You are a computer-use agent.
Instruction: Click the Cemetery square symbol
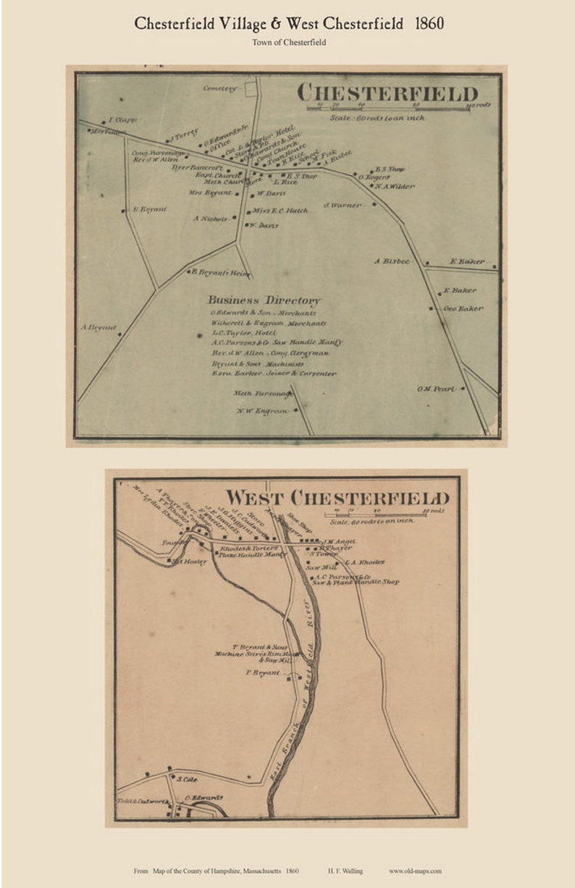tap(251, 88)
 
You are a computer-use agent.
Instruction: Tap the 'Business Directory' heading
tap(264, 300)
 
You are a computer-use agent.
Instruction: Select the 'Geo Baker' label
tap(463, 308)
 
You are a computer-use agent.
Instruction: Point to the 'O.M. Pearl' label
tap(435, 389)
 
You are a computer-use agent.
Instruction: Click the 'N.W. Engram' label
tap(261, 411)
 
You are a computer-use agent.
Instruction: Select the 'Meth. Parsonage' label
tap(261, 393)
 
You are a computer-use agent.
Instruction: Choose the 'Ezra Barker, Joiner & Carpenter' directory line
tap(274, 373)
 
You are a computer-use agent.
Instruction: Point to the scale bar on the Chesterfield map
tap(398, 109)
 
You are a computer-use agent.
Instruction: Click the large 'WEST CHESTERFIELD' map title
tap(337, 498)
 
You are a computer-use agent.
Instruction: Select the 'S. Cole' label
tap(186, 779)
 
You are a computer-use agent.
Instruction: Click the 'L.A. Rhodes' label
tap(364, 562)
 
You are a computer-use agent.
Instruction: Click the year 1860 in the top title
tap(429, 23)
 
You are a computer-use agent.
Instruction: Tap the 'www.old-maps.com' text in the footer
tap(414, 871)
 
